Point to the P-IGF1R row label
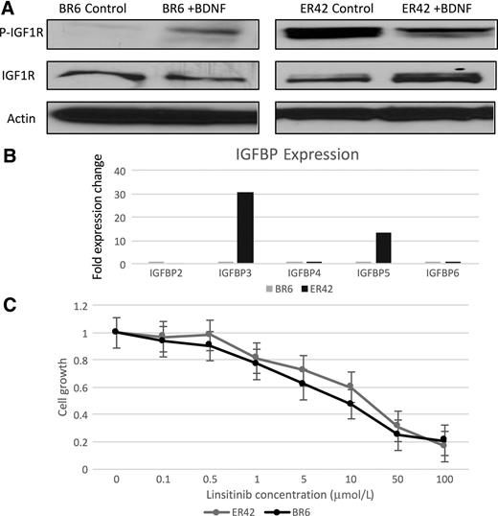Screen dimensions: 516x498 click(21, 35)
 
